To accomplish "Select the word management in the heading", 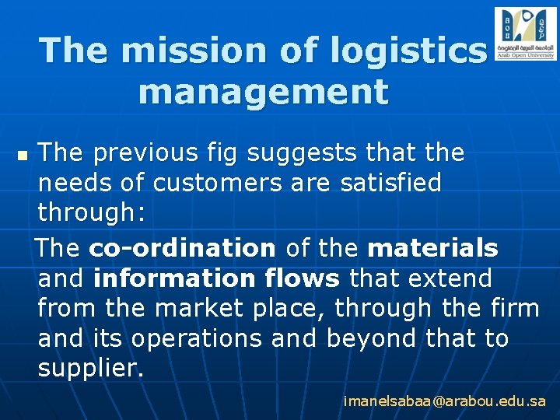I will click(x=263, y=92).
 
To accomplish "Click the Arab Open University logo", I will click(x=525, y=34).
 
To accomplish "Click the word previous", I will click(x=142, y=153).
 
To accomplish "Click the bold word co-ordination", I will click(x=182, y=248).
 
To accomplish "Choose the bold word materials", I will click(x=432, y=248).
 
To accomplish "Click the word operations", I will click(x=212, y=339).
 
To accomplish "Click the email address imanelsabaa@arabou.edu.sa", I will click(x=445, y=401).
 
